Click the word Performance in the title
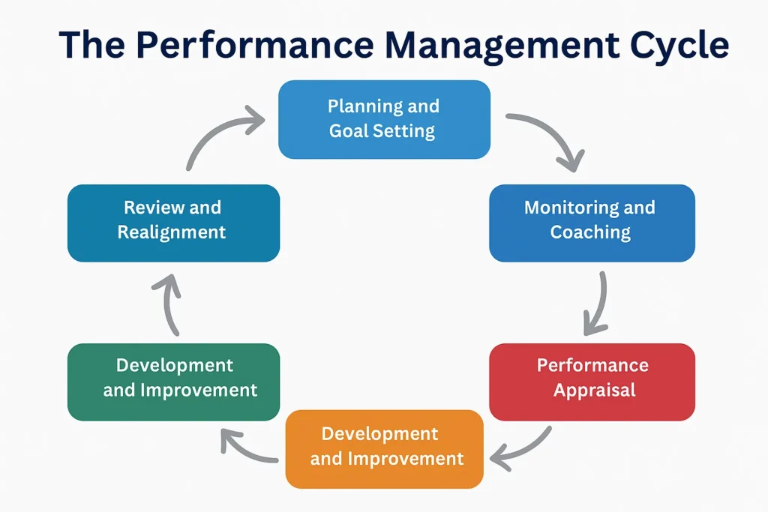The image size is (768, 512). tap(255, 44)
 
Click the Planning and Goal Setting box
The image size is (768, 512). tap(384, 119)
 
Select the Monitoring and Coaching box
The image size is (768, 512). tap(592, 223)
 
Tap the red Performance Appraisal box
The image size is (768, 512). tap(592, 382)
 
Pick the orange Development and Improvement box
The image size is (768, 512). tap(384, 449)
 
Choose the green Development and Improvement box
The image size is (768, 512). tap(173, 382)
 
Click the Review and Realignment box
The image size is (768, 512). tap(173, 223)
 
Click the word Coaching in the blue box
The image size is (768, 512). tap(590, 232)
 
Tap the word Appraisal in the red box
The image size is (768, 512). tap(595, 390)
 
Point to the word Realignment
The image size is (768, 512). tap(172, 232)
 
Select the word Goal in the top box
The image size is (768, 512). tap(348, 130)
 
